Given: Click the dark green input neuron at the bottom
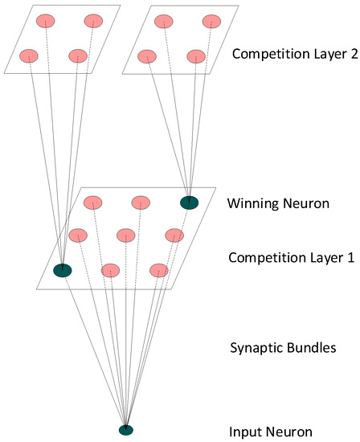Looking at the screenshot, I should click(125, 430).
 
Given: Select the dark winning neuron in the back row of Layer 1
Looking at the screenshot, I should click(190, 203).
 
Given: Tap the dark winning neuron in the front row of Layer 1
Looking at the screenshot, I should click(62, 271).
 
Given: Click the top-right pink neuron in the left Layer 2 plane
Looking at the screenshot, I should click(94, 19).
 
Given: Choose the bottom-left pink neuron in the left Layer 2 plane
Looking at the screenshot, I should click(30, 55).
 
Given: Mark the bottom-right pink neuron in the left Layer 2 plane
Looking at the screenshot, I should click(78, 55).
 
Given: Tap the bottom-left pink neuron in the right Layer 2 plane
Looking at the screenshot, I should click(147, 56).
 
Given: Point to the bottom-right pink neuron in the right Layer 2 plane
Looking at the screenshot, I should click(195, 56).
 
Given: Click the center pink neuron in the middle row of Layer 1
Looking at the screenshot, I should click(126, 235).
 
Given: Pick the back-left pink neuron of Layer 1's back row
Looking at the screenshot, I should click(93, 202).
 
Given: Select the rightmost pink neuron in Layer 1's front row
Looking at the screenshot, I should click(159, 270).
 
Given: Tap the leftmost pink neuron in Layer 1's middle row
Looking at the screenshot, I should click(78, 235).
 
